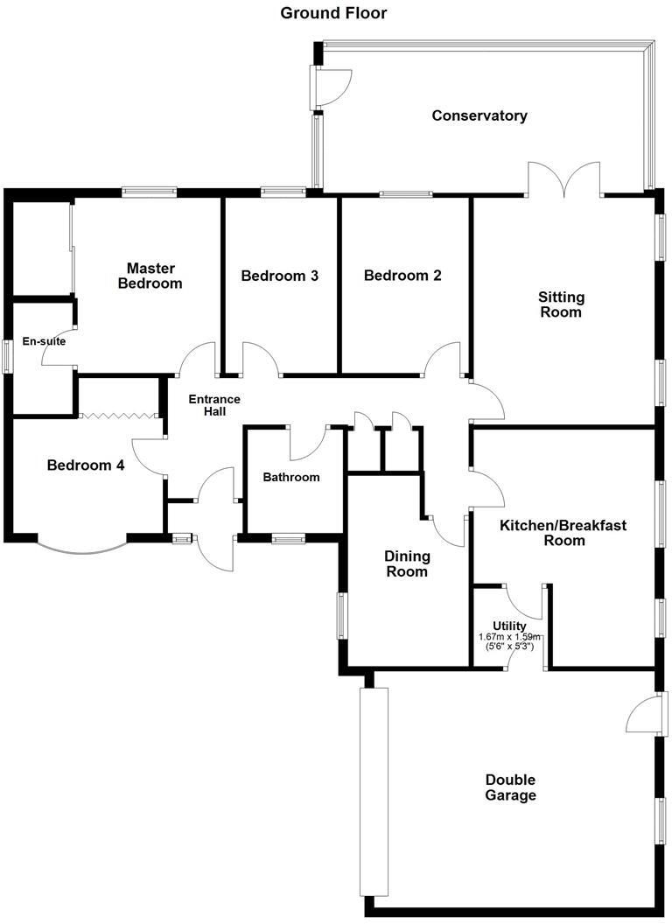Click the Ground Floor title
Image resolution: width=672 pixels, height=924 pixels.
[332, 13]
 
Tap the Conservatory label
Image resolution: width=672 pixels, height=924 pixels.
[479, 115]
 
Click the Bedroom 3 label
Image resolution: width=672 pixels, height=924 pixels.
[279, 276]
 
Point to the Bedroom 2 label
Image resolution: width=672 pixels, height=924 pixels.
[402, 276]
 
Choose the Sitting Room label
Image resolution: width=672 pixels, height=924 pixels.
[560, 304]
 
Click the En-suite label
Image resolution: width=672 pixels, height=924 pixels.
[44, 342]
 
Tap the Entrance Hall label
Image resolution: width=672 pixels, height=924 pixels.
[214, 406]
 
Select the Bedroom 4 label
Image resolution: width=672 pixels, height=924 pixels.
[85, 465]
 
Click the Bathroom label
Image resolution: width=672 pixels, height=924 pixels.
[291, 478]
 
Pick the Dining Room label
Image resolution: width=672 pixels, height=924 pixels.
[407, 563]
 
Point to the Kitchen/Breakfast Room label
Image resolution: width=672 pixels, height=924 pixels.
[554, 533]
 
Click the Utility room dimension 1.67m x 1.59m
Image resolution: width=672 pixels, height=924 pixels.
[509, 638]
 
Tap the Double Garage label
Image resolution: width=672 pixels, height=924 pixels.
[511, 787]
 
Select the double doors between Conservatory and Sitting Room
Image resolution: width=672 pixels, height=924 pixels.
[564, 178]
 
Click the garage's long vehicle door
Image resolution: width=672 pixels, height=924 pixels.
[374, 792]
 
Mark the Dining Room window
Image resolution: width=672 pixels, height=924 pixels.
[341, 616]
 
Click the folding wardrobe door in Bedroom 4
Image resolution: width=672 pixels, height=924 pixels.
[118, 416]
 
